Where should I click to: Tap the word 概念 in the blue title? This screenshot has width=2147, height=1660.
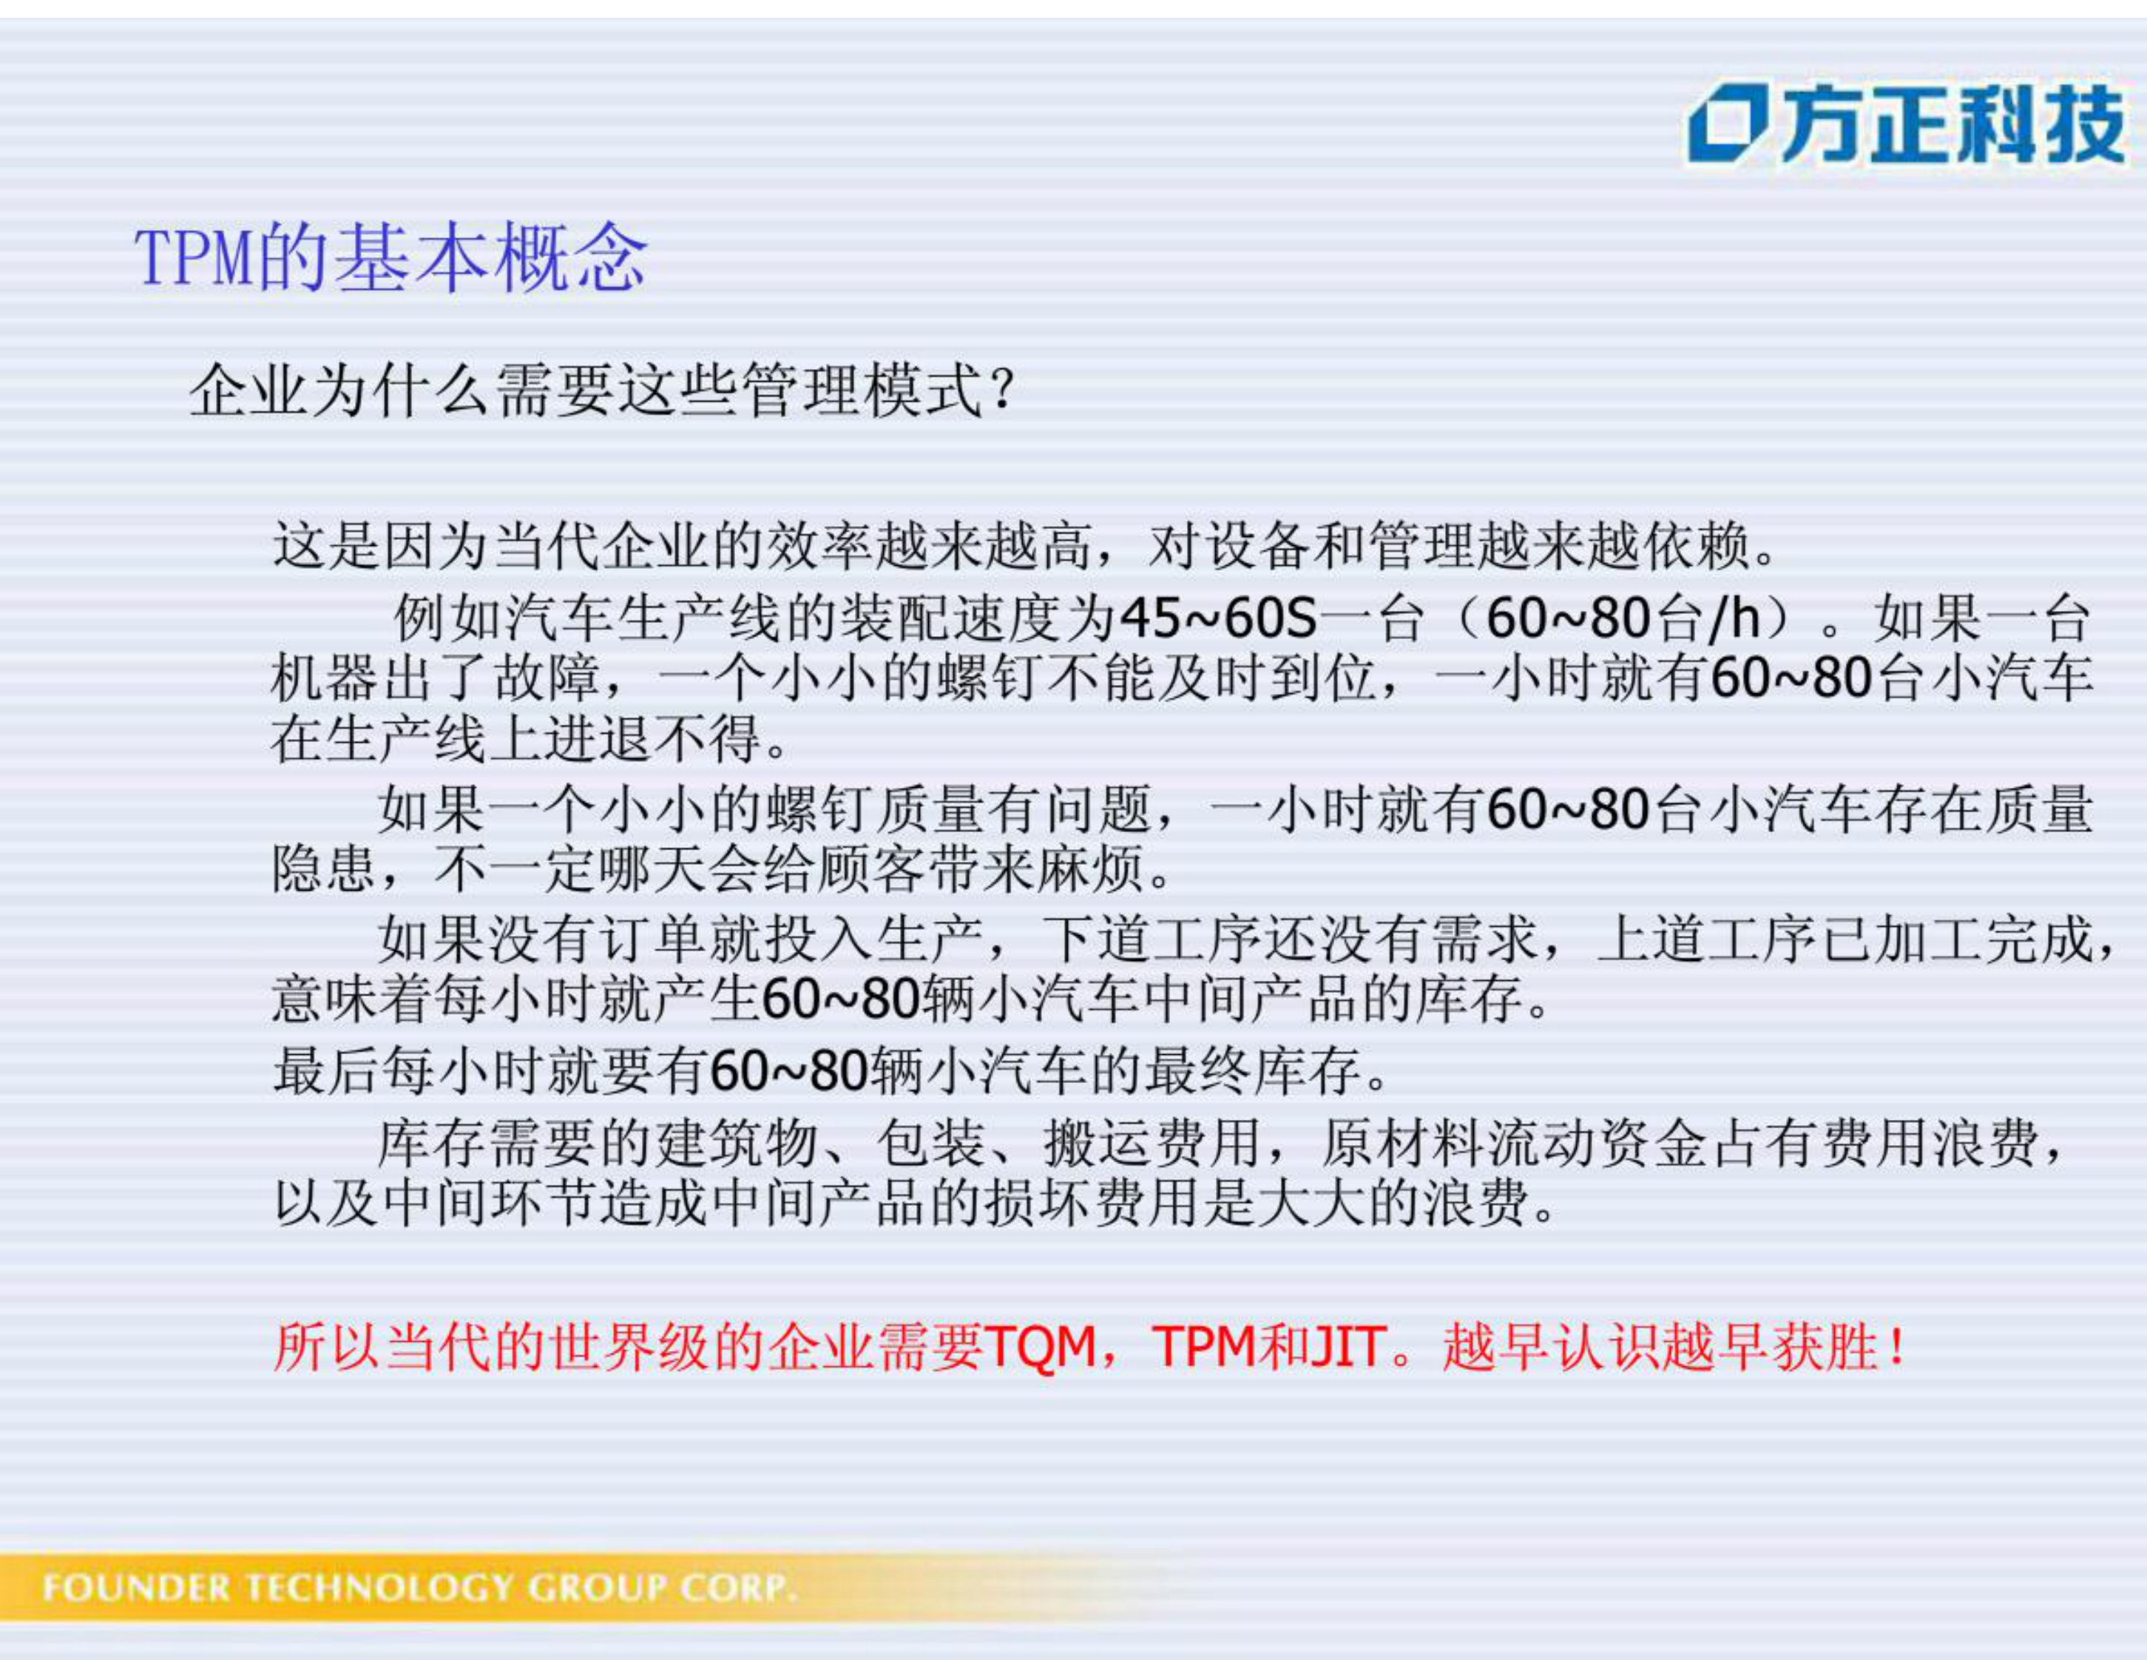[x=571, y=257]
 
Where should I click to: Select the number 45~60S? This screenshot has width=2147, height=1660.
[x=1218, y=618]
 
